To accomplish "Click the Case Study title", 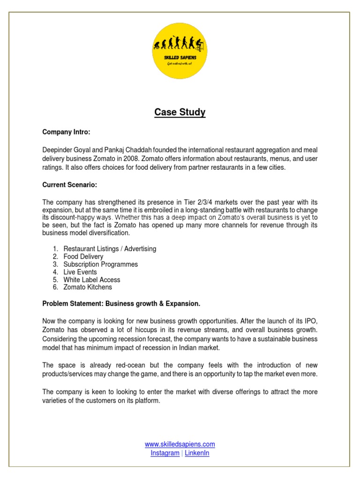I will click(180, 112).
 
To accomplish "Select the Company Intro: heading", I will click(66, 132).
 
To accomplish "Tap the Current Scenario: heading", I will click(70, 185).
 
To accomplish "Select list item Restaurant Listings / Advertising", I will click(110, 249).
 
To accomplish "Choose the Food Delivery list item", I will click(83, 256).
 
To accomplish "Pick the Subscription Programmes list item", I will click(101, 264).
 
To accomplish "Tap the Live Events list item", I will click(80, 272).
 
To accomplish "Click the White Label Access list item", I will click(92, 280).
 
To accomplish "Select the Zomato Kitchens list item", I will click(88, 287).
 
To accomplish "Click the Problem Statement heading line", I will click(121, 304).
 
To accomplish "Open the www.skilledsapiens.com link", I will click(180, 444).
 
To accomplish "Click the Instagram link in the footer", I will click(165, 453).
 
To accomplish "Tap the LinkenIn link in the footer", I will click(197, 453).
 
